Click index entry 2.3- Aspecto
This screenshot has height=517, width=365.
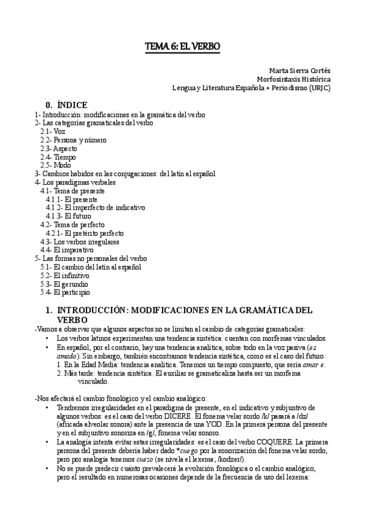59,148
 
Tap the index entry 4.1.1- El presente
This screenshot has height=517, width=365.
71,199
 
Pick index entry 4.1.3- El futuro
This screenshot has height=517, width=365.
68,216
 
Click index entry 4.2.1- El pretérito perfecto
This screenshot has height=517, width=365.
85,233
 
